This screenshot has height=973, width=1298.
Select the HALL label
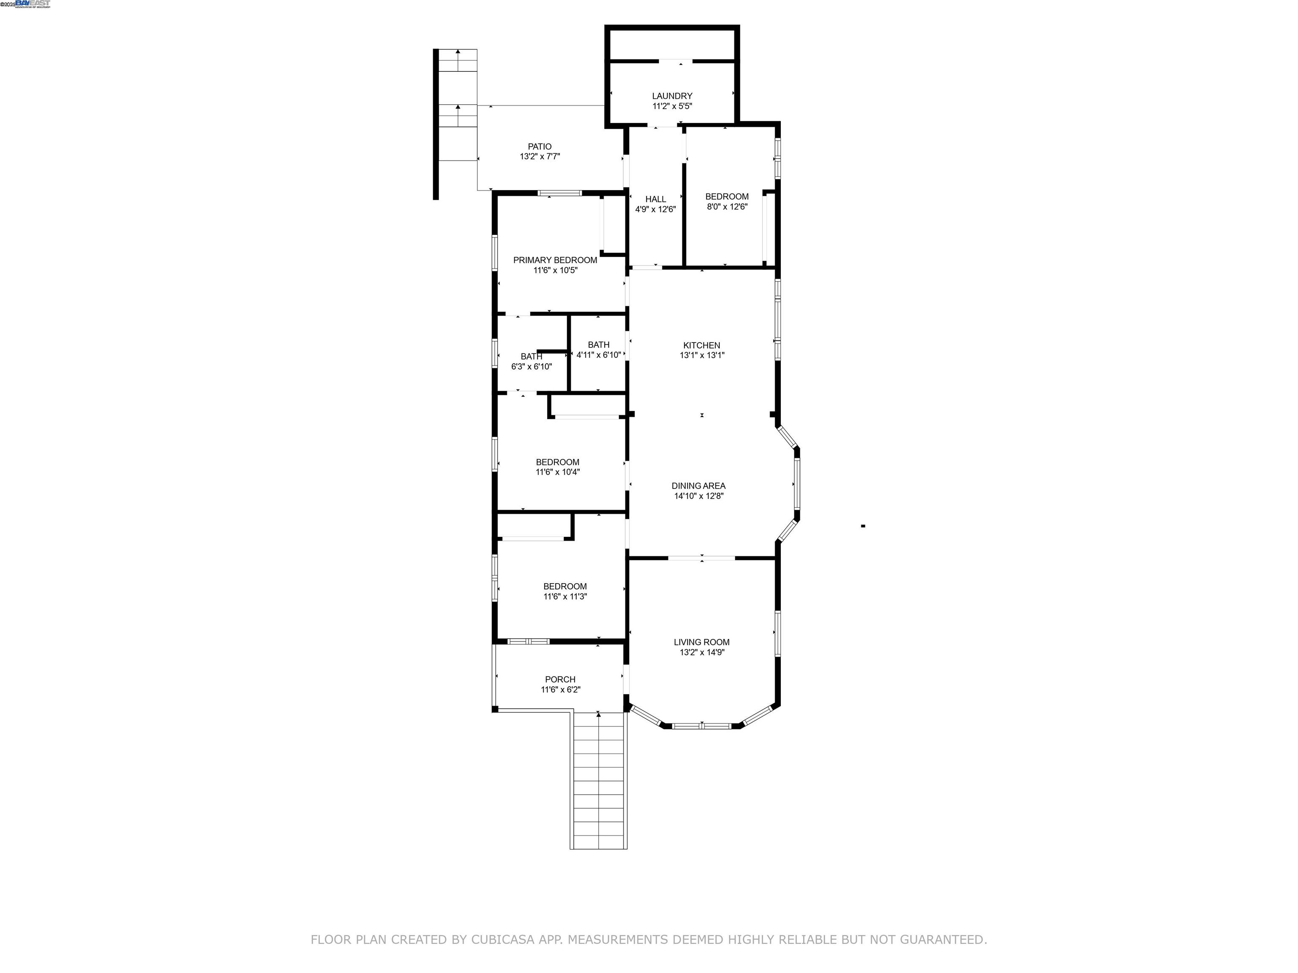point(655,199)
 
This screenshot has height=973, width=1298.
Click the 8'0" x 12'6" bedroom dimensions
point(726,207)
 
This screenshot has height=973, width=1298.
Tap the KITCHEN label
point(701,345)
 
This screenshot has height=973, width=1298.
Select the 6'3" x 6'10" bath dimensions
point(531,367)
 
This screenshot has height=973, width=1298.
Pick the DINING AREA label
point(698,486)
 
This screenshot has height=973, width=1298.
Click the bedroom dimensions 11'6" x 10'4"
point(557,472)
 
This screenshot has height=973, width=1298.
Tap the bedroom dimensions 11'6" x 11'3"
point(564,596)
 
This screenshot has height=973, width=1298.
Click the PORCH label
point(560,679)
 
